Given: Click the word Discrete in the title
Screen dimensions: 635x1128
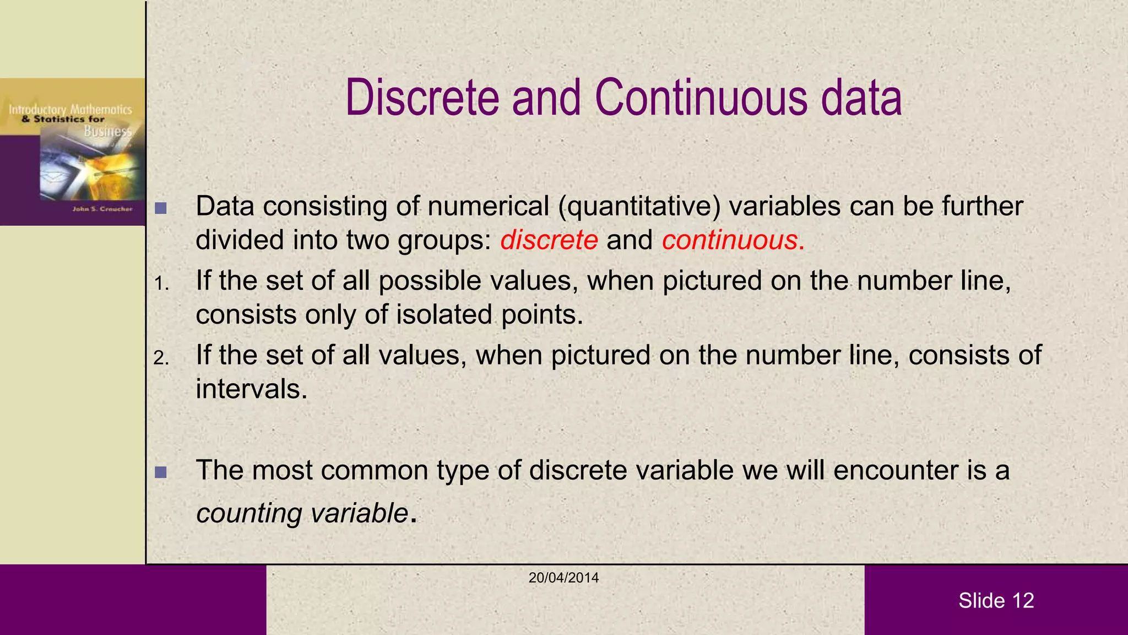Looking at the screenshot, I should click(x=422, y=98).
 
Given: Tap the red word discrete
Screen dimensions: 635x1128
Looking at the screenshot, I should click(x=549, y=240).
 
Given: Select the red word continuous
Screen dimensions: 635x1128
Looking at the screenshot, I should click(x=730, y=240).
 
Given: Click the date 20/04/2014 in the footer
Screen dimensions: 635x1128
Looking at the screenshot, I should click(x=563, y=578).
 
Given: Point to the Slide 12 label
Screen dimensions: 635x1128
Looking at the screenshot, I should click(x=996, y=600).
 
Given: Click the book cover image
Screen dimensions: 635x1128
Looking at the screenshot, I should click(x=72, y=152).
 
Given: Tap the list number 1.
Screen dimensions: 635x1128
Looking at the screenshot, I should click(x=160, y=284).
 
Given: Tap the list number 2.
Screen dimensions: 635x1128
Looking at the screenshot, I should click(x=161, y=358).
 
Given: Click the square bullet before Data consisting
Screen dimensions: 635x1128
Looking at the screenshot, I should click(x=161, y=208).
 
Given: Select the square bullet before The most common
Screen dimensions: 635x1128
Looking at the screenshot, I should click(x=161, y=472).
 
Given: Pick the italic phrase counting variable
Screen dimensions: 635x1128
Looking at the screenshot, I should click(x=302, y=513).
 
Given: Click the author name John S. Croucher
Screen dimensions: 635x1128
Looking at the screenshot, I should click(x=102, y=209).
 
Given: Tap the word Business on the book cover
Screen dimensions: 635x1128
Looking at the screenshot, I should click(x=108, y=131).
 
